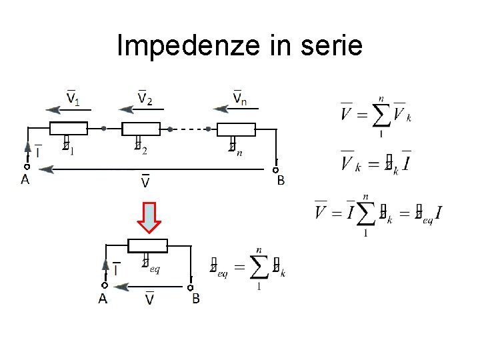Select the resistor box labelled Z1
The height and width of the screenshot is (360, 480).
click(69, 129)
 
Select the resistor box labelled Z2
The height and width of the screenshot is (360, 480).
click(141, 129)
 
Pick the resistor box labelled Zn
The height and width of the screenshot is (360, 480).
click(237, 129)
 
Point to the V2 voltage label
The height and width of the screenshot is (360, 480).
click(145, 99)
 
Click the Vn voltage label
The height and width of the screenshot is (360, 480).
click(241, 99)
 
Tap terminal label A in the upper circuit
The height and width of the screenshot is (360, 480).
click(25, 180)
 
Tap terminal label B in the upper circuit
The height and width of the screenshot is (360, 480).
click(281, 180)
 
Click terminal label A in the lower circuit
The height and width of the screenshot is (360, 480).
click(103, 299)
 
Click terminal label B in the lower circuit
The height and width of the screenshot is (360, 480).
click(195, 299)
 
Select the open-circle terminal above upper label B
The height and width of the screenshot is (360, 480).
click(275, 170)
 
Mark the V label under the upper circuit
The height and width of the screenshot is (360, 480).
click(145, 181)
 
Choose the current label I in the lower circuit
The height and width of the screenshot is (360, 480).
click(117, 270)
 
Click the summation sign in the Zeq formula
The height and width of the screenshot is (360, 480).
click(257, 268)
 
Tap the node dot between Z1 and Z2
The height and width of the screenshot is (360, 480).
click(103, 129)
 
